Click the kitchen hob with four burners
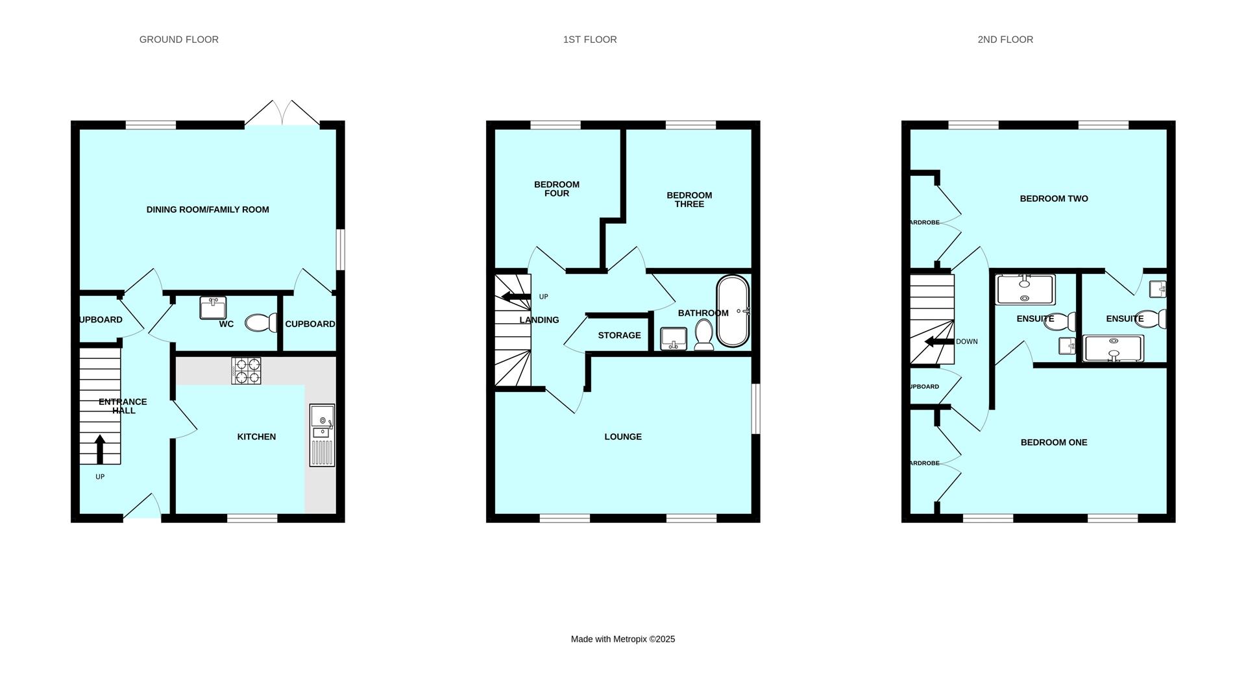(247, 371)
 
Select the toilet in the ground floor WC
(261, 322)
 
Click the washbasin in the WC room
(213, 308)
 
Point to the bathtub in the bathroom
(733, 311)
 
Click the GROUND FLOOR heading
(179, 40)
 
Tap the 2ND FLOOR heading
(1005, 40)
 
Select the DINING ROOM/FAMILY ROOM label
(208, 210)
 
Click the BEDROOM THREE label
(689, 199)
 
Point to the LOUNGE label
(623, 437)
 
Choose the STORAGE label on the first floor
(619, 335)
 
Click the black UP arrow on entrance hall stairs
(100, 449)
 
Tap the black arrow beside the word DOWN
(938, 342)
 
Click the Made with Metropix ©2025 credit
(623, 639)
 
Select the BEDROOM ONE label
(1054, 443)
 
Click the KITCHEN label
(256, 437)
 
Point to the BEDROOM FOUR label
(557, 189)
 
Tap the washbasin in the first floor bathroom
(674, 339)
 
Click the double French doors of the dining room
(282, 113)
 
